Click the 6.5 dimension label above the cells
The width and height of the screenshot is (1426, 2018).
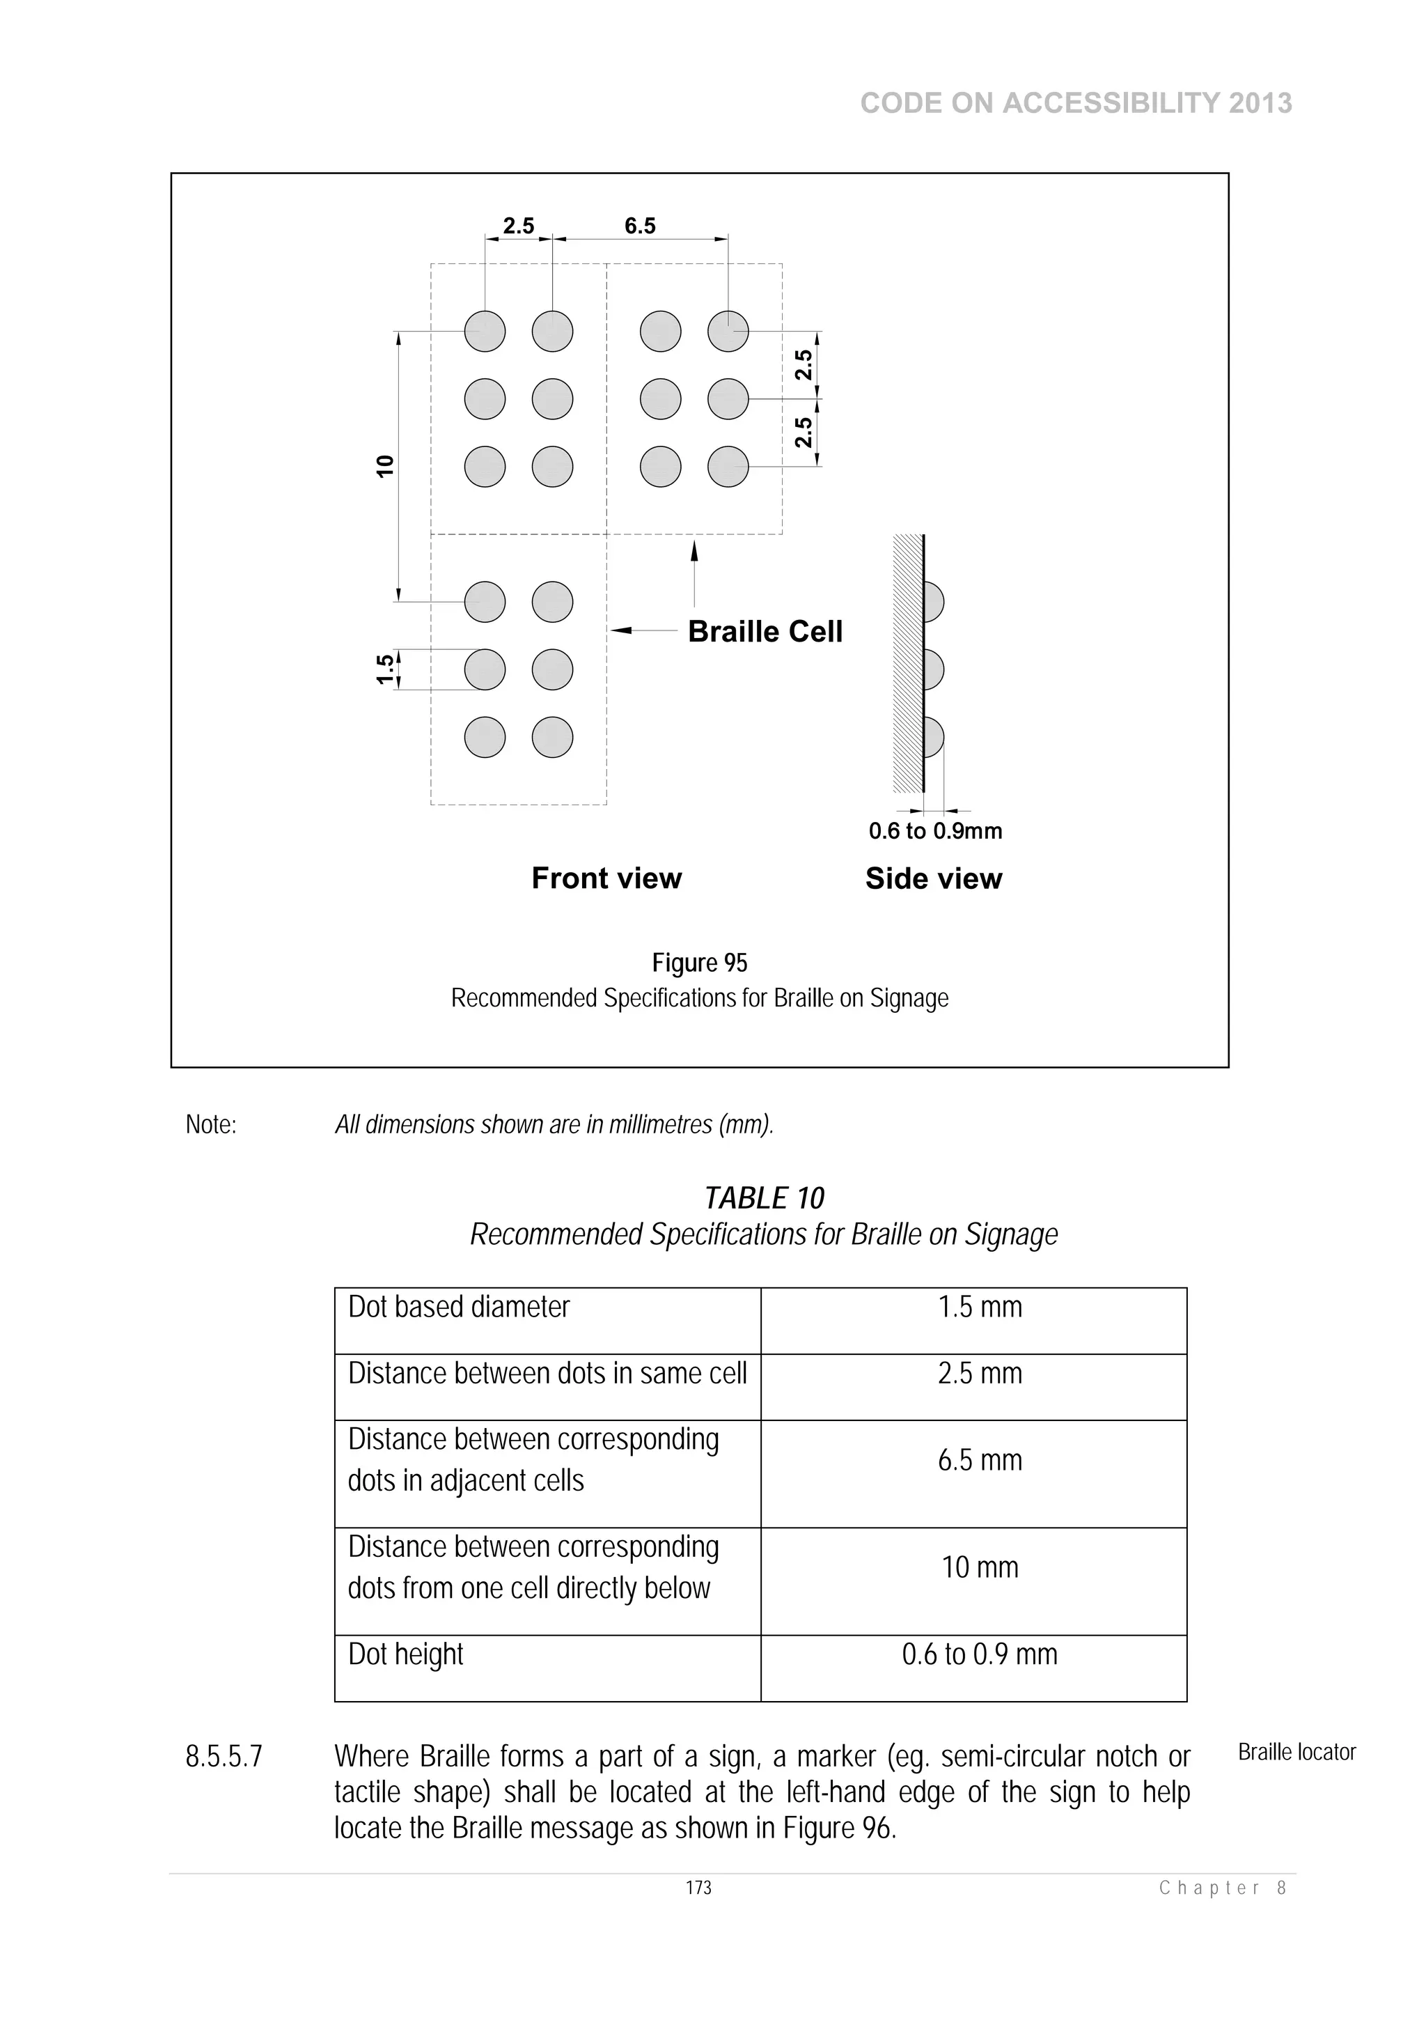click(x=640, y=226)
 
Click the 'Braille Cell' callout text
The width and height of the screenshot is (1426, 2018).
click(x=765, y=631)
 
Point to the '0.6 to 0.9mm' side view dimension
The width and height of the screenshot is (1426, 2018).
click(x=935, y=830)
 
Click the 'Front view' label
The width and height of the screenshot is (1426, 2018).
click(x=606, y=878)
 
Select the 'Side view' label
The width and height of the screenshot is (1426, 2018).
click(x=933, y=878)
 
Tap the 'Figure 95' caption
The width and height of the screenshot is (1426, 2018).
click(x=699, y=963)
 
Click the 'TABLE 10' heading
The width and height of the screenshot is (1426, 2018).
click(x=764, y=1198)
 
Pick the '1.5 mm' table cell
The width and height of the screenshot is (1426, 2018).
click(x=980, y=1307)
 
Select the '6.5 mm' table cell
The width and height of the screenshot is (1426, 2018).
click(x=980, y=1460)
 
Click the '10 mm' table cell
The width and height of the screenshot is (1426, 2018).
click(x=980, y=1567)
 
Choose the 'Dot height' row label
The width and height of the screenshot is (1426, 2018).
click(x=405, y=1654)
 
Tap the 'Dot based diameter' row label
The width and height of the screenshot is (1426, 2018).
click(x=459, y=1307)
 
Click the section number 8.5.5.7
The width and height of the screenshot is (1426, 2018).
click(x=224, y=1757)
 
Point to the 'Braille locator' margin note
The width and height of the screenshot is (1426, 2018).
click(x=1296, y=1753)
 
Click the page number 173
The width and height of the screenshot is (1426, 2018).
click(x=698, y=1888)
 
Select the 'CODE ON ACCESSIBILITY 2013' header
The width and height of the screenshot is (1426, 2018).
click(x=1076, y=104)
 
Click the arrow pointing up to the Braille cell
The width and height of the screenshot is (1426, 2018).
click(x=694, y=571)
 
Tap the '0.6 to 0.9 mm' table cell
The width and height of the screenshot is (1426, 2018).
click(x=980, y=1654)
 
